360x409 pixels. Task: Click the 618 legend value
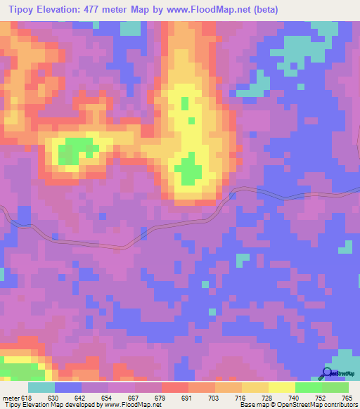pos(27,397)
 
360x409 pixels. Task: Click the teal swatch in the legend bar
pos(41,387)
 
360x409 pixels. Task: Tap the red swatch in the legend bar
pos(175,387)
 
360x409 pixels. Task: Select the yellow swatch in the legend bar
pos(282,387)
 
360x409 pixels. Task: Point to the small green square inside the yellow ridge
pos(184,103)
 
